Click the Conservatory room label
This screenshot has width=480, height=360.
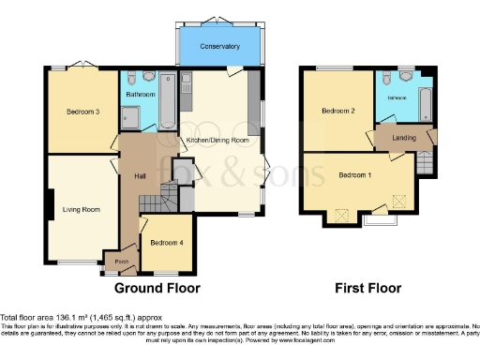click(220, 46)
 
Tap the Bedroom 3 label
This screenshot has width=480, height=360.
click(82, 112)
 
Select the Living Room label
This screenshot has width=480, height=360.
click(81, 209)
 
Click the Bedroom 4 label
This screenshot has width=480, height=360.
click(166, 243)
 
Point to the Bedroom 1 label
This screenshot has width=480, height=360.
click(354, 175)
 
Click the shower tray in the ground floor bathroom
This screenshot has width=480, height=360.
click(130, 117)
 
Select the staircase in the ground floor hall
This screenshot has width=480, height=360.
click(167, 198)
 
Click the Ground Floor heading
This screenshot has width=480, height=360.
click(157, 289)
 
